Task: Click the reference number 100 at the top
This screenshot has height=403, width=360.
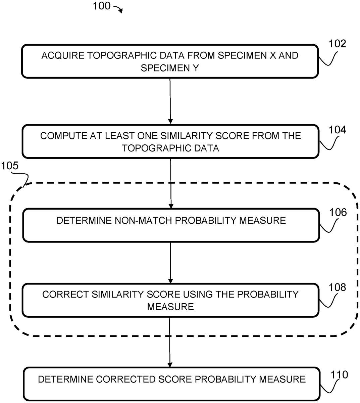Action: [x=101, y=6]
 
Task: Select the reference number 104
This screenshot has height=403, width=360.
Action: [x=337, y=130]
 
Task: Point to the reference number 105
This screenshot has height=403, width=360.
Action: [x=10, y=166]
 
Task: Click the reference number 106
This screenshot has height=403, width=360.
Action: [x=338, y=212]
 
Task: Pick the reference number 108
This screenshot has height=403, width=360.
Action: [x=337, y=287]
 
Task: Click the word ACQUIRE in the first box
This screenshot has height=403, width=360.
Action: [x=63, y=55]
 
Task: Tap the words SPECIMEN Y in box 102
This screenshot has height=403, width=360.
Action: [x=170, y=68]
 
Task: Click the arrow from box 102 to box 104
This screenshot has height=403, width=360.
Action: [x=170, y=101]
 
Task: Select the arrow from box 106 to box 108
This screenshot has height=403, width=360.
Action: [x=170, y=262]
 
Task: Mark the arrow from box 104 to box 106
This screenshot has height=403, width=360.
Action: [x=171, y=183]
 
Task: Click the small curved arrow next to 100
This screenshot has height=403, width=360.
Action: [x=118, y=9]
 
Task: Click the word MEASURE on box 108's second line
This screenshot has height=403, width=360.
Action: [x=170, y=307]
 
